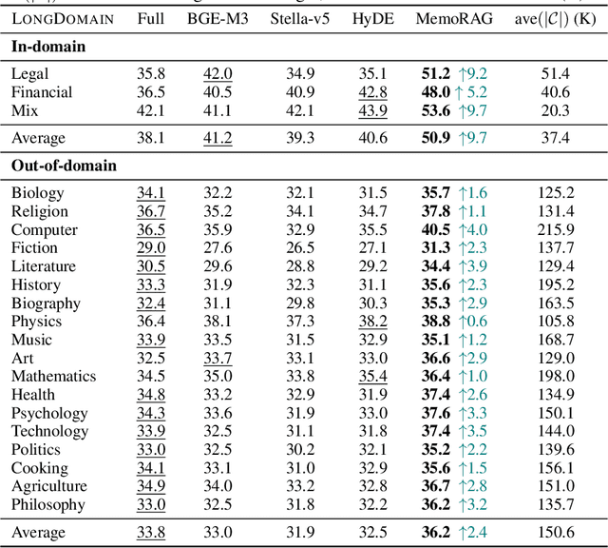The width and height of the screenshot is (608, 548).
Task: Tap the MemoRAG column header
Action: click(x=455, y=18)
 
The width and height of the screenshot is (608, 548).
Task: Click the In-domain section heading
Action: click(x=49, y=46)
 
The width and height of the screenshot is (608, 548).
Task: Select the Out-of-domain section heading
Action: click(x=63, y=166)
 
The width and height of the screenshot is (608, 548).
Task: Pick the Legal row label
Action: click(x=30, y=73)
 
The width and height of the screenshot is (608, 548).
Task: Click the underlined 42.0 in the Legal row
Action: click(x=218, y=73)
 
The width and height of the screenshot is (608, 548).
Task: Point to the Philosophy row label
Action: click(x=48, y=505)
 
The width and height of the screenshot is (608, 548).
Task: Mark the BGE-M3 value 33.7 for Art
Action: click(x=218, y=359)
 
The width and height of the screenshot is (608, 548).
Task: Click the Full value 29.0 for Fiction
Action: click(x=150, y=248)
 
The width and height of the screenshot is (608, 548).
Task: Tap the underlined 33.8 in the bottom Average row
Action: click(x=150, y=532)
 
